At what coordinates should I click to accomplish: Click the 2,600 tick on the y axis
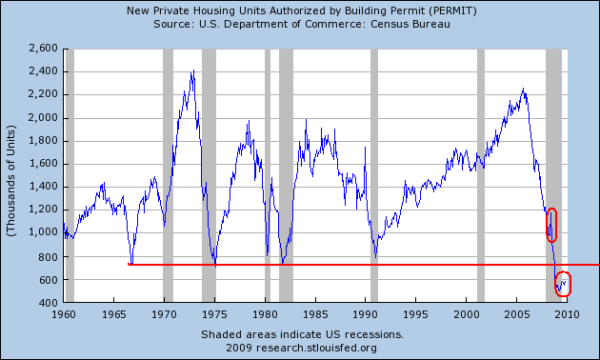[43, 49]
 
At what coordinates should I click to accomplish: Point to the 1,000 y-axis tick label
[43, 232]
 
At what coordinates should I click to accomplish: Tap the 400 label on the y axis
[49, 303]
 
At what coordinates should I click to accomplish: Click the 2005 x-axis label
[517, 314]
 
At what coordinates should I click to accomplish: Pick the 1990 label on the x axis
[366, 314]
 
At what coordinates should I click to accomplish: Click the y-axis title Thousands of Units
[11, 180]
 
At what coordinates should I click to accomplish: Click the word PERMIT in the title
[453, 10]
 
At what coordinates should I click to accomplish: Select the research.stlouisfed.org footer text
[316, 348]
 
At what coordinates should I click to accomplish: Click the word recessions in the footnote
[374, 334]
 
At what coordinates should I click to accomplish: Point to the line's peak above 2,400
[193, 70]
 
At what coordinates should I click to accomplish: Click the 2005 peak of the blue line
[523, 89]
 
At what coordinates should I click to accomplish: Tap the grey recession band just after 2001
[481, 175]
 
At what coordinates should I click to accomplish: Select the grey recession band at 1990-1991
[374, 175]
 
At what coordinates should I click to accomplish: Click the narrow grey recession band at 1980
[268, 175]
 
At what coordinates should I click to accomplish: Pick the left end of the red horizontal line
[129, 264]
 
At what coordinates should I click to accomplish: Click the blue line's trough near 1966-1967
[131, 263]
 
